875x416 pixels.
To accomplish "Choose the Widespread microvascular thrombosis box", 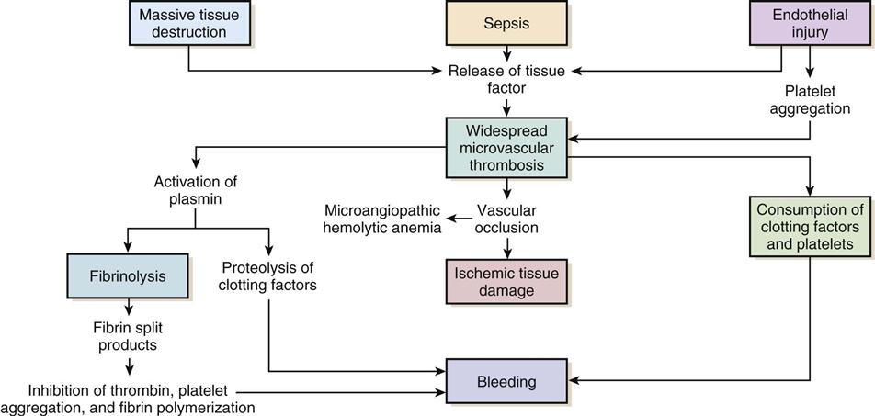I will pos(506,145).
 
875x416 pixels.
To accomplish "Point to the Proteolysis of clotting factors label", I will pos(268,276).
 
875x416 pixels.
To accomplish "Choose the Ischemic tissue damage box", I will pos(506,282).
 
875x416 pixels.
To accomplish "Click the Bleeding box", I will pos(506,380).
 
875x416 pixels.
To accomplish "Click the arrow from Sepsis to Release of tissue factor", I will pos(506,53).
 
